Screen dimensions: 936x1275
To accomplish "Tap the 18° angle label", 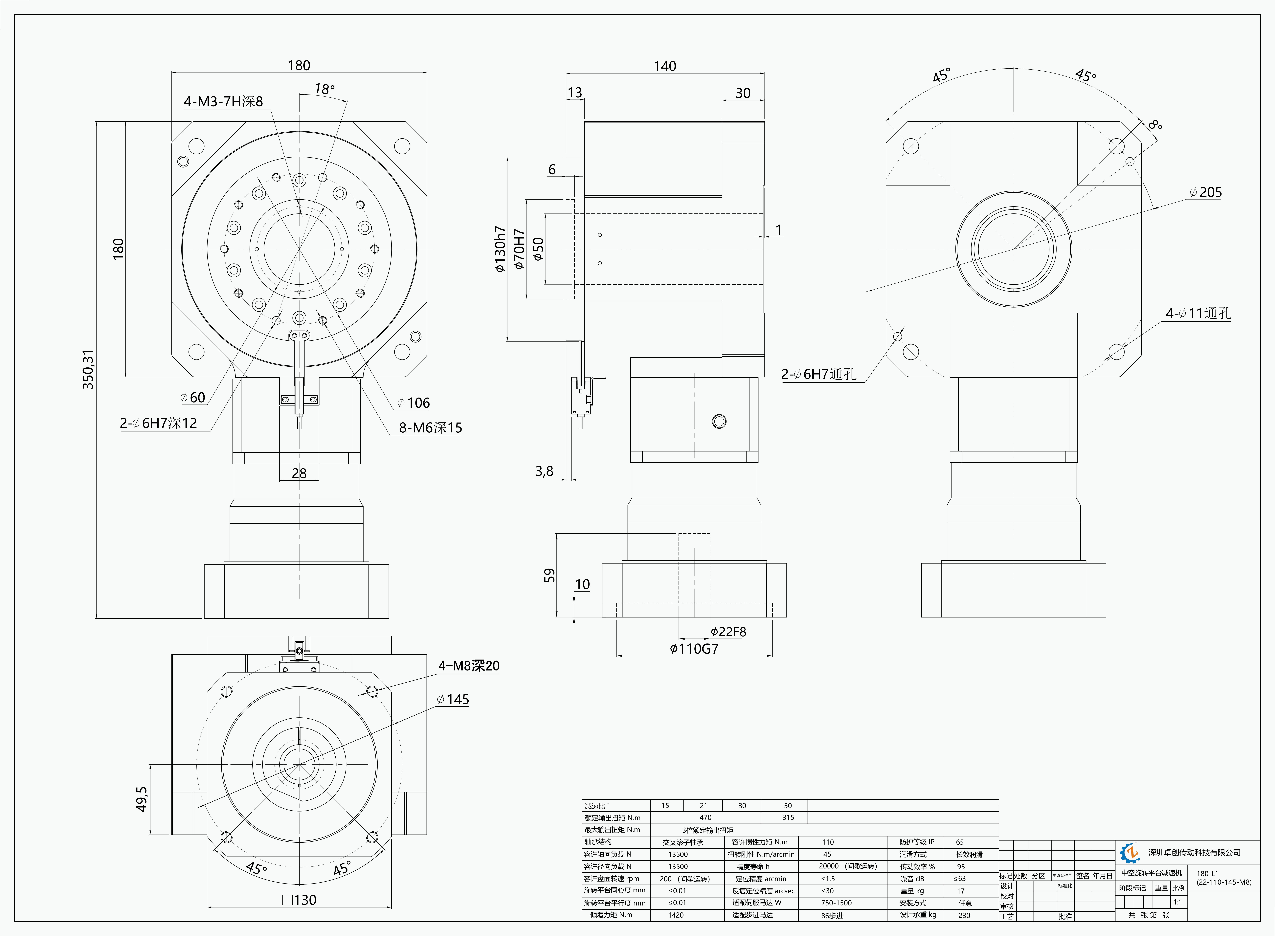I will click(x=325, y=89).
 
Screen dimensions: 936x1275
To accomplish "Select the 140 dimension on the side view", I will click(x=665, y=66).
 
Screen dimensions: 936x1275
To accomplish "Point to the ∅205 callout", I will click(x=1206, y=193).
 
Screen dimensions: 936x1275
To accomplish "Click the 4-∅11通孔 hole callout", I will click(x=1198, y=313).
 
